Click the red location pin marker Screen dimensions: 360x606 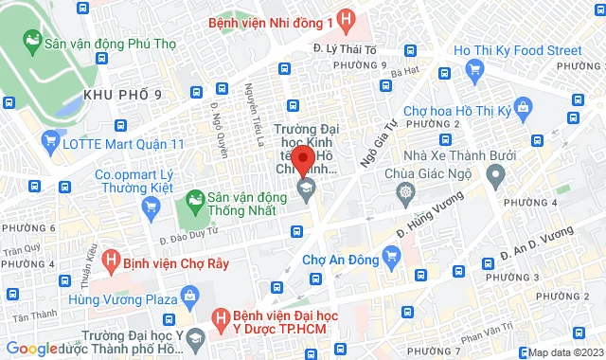[x=302, y=160]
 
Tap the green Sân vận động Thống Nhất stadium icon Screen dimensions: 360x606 [x=195, y=200]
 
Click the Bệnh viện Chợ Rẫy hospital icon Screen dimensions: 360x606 [x=110, y=257]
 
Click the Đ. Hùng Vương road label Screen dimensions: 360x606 [x=430, y=212]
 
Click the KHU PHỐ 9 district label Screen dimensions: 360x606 [x=123, y=94]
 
